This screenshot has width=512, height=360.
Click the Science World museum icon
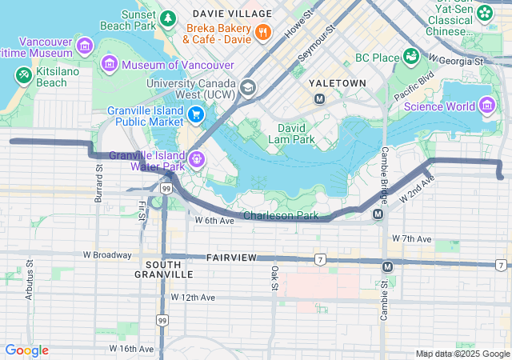click(x=486, y=106)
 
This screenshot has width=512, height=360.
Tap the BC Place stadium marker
click(x=410, y=56)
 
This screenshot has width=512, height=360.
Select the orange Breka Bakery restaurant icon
click(x=262, y=32)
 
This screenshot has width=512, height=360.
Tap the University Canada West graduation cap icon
click(x=248, y=86)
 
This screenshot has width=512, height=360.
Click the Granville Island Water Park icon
click(x=196, y=159)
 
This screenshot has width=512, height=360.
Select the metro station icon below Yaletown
click(x=319, y=99)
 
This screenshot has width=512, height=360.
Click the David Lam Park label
click(x=296, y=134)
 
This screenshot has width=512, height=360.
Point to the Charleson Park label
click(x=280, y=215)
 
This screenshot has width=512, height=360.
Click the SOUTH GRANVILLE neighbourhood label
click(x=169, y=269)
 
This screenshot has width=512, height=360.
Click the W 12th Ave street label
click(x=193, y=297)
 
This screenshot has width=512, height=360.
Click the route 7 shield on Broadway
click(x=319, y=259)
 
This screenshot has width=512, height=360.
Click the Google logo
click(x=26, y=350)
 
